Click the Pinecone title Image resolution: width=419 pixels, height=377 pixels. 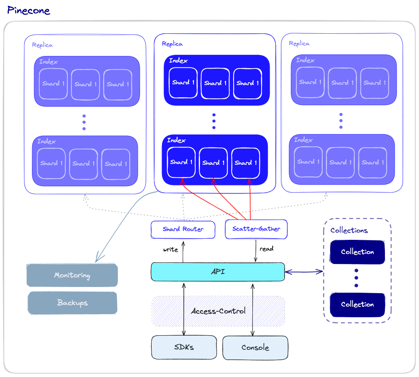(x=29, y=10)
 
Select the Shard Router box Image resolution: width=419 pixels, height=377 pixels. (x=183, y=229)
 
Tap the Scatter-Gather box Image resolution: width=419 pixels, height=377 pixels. (x=256, y=229)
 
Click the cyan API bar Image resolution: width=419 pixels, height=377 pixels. (x=218, y=272)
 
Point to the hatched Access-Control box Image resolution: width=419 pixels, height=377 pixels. (x=218, y=311)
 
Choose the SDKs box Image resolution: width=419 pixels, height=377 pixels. (x=184, y=347)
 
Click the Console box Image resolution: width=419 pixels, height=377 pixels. (x=255, y=347)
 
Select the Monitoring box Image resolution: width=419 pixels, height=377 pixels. (x=72, y=275)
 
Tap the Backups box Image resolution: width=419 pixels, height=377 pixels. (x=72, y=303)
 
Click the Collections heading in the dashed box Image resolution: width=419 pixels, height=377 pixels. (x=349, y=230)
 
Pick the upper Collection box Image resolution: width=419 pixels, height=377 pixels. (x=357, y=252)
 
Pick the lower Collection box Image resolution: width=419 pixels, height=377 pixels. (x=357, y=304)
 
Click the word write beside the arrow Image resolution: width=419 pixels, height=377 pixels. (x=170, y=250)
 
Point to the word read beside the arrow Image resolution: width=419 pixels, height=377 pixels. (x=267, y=249)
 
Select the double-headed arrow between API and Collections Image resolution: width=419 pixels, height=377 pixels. (x=304, y=272)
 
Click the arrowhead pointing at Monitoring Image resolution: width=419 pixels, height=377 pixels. (x=97, y=259)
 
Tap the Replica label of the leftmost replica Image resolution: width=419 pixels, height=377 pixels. (x=42, y=45)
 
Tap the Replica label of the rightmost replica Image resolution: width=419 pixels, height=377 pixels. (x=299, y=44)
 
